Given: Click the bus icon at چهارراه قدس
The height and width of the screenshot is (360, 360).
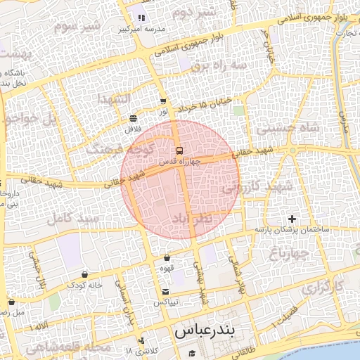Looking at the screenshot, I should [x=179, y=150].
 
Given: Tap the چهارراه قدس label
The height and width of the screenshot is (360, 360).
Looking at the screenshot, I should [x=179, y=160].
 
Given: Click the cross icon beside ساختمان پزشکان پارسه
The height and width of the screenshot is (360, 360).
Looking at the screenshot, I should [x=292, y=219].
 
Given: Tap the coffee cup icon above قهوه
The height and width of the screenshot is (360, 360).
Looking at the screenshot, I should [x=167, y=258].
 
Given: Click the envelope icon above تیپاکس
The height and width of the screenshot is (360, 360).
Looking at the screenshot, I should [x=165, y=292].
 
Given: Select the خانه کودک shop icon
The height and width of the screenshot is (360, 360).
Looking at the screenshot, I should [x=85, y=274].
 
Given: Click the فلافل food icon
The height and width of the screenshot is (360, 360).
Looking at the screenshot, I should [x=134, y=118].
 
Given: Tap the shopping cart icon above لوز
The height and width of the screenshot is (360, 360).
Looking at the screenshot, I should [x=163, y=101].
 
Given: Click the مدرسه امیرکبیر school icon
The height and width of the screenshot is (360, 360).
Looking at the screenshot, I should [x=141, y=18].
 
